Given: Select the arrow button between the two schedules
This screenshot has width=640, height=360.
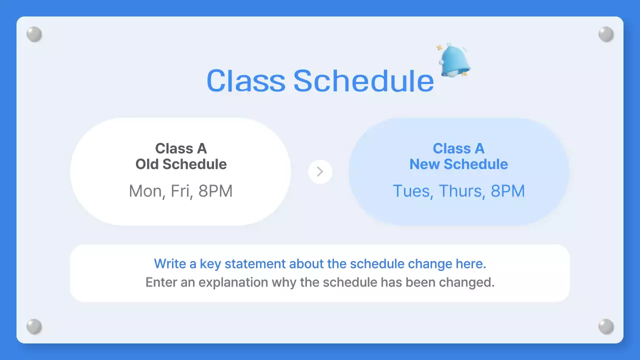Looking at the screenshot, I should coord(320,171).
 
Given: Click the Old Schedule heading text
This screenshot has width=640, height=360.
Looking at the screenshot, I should coord(181,164).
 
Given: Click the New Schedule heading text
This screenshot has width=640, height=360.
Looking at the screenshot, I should coord(458,164).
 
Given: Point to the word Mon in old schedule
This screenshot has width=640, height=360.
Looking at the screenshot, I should coord(144,191).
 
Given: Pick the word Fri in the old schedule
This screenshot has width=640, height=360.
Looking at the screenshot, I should coord(179,191).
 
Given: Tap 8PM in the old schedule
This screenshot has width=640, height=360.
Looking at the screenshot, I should coord(215,191).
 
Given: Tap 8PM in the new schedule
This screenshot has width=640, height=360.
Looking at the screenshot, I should coord(507,191).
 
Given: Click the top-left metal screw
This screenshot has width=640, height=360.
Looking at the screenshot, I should coord(34,34).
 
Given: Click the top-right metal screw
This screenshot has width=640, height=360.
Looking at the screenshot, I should coord(606,34).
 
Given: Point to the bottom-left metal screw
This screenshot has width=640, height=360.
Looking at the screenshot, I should coord(34,326).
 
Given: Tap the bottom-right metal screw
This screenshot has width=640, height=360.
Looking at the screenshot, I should coord(606,326).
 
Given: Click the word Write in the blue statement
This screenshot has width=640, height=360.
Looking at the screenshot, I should coord(169,263).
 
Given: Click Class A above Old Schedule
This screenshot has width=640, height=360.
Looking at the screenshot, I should coord(181,148).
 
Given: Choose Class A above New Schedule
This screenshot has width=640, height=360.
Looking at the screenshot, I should coord(458,148).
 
